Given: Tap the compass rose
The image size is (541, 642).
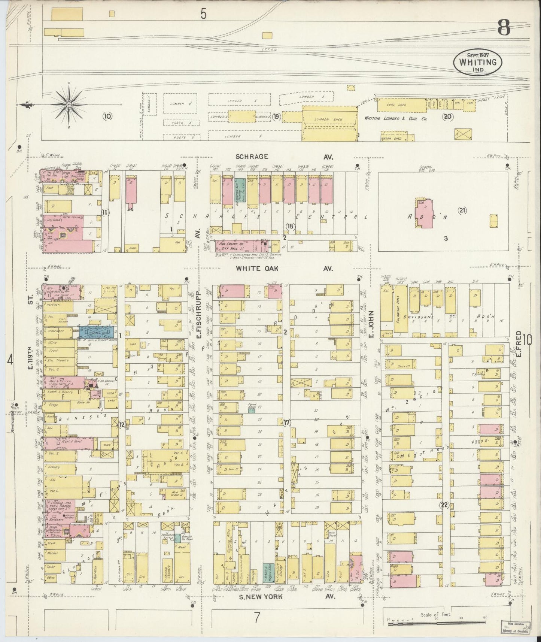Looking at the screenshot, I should coord(69,105).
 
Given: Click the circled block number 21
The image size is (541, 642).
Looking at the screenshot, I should coord(462,211).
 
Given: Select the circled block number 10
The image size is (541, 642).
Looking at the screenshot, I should coord(107,116).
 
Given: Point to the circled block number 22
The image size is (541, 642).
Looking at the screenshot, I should coord(444,505).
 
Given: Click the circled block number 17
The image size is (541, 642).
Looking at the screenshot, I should coord(287,423).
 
